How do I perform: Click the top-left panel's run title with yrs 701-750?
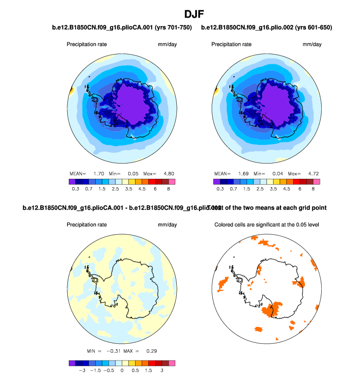(121, 28)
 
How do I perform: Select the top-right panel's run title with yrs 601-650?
(267, 28)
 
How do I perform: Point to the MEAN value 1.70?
(98, 173)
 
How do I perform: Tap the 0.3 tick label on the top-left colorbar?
(76, 188)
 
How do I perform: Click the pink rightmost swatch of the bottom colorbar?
(171, 363)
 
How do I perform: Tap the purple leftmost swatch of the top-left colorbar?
(72, 181)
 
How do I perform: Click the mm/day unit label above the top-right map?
(312, 44)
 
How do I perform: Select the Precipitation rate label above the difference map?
(87, 225)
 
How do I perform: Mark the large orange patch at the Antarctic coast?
(274, 308)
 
